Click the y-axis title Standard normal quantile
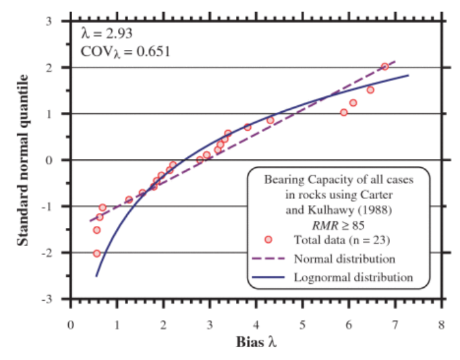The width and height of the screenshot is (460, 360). [22, 160]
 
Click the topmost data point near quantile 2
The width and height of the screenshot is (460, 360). [384, 67]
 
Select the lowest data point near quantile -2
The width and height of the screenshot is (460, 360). [96, 253]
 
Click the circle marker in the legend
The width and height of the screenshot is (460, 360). [268, 239]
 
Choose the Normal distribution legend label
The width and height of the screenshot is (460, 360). [344, 258]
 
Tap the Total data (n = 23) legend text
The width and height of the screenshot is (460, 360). [342, 239]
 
